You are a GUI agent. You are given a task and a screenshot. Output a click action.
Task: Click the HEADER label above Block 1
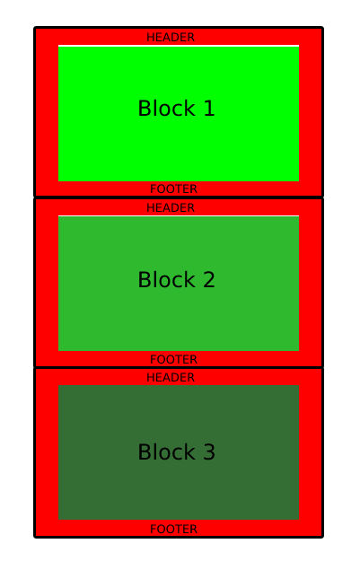coord(171,37)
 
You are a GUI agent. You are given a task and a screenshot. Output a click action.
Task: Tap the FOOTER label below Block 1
coord(173,188)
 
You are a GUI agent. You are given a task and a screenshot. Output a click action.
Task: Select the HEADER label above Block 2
coord(171,207)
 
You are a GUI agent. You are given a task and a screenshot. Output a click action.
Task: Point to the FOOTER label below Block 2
coord(173,359)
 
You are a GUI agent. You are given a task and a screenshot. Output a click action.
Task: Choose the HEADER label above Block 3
coord(171,377)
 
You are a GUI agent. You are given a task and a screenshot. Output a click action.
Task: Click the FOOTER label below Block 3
coord(173,529)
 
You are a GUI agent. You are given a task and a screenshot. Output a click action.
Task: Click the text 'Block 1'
coord(177,108)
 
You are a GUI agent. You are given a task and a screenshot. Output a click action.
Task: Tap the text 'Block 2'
coord(177,279)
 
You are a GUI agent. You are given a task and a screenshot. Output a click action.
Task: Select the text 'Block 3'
coord(177,451)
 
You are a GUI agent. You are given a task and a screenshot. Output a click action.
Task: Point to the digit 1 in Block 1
coord(209,109)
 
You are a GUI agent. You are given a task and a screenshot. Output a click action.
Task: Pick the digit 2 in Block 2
coord(209,279)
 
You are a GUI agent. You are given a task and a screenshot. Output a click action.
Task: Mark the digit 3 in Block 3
coord(209,451)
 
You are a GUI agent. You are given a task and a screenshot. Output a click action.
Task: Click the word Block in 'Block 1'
coord(167,108)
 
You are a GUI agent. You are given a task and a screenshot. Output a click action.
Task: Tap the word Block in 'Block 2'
coord(167,279)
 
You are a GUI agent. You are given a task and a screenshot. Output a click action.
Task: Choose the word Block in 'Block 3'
coord(167,451)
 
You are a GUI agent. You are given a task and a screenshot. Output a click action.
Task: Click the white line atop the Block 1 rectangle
coord(179,46)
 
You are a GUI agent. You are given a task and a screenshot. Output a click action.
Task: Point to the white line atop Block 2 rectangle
coord(179,215)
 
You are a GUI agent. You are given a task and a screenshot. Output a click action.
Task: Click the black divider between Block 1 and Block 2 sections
coord(179,197)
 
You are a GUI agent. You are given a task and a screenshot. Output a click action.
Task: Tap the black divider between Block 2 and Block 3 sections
coord(179,367)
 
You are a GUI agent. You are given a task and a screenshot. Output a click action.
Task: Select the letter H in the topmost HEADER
coord(150,37)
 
